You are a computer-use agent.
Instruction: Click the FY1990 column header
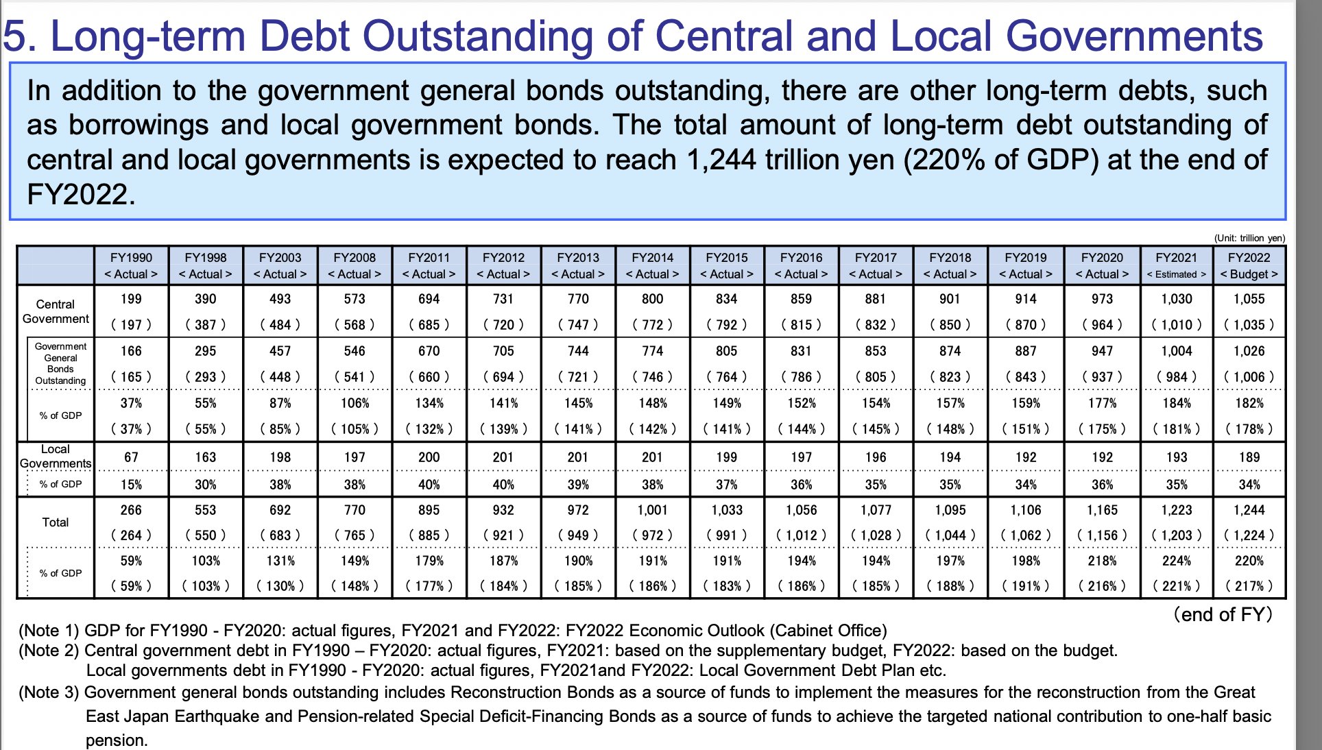(131, 258)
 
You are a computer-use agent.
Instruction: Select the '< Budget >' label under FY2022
(1249, 274)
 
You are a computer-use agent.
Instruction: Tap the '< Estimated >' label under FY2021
(1176, 274)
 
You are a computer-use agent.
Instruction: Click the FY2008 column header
(354, 258)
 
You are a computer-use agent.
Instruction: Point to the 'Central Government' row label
(56, 311)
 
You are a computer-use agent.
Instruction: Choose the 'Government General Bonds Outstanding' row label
(60, 363)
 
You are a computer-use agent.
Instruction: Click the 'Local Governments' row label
(56, 457)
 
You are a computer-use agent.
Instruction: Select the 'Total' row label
(56, 522)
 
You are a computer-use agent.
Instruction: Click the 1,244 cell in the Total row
(1249, 510)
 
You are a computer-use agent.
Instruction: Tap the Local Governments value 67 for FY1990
(131, 457)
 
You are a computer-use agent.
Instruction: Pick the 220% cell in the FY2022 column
(1249, 561)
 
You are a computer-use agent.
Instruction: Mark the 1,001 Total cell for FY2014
(652, 510)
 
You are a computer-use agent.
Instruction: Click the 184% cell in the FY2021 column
(1176, 403)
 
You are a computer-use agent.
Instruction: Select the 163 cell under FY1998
(205, 457)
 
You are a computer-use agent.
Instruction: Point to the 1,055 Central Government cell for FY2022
(1249, 299)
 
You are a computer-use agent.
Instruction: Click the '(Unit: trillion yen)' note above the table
(1249, 238)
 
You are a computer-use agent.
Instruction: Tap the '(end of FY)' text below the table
(1223, 614)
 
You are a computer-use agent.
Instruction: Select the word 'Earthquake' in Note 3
(217, 716)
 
